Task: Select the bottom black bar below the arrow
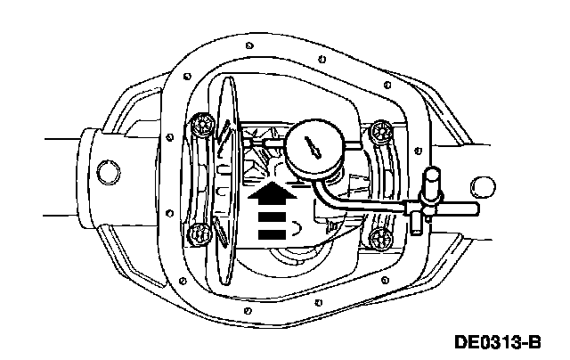pyautogui.click(x=274, y=233)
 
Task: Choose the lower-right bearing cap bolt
pyautogui.click(x=380, y=238)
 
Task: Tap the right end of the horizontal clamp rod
pyautogui.click(x=473, y=209)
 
